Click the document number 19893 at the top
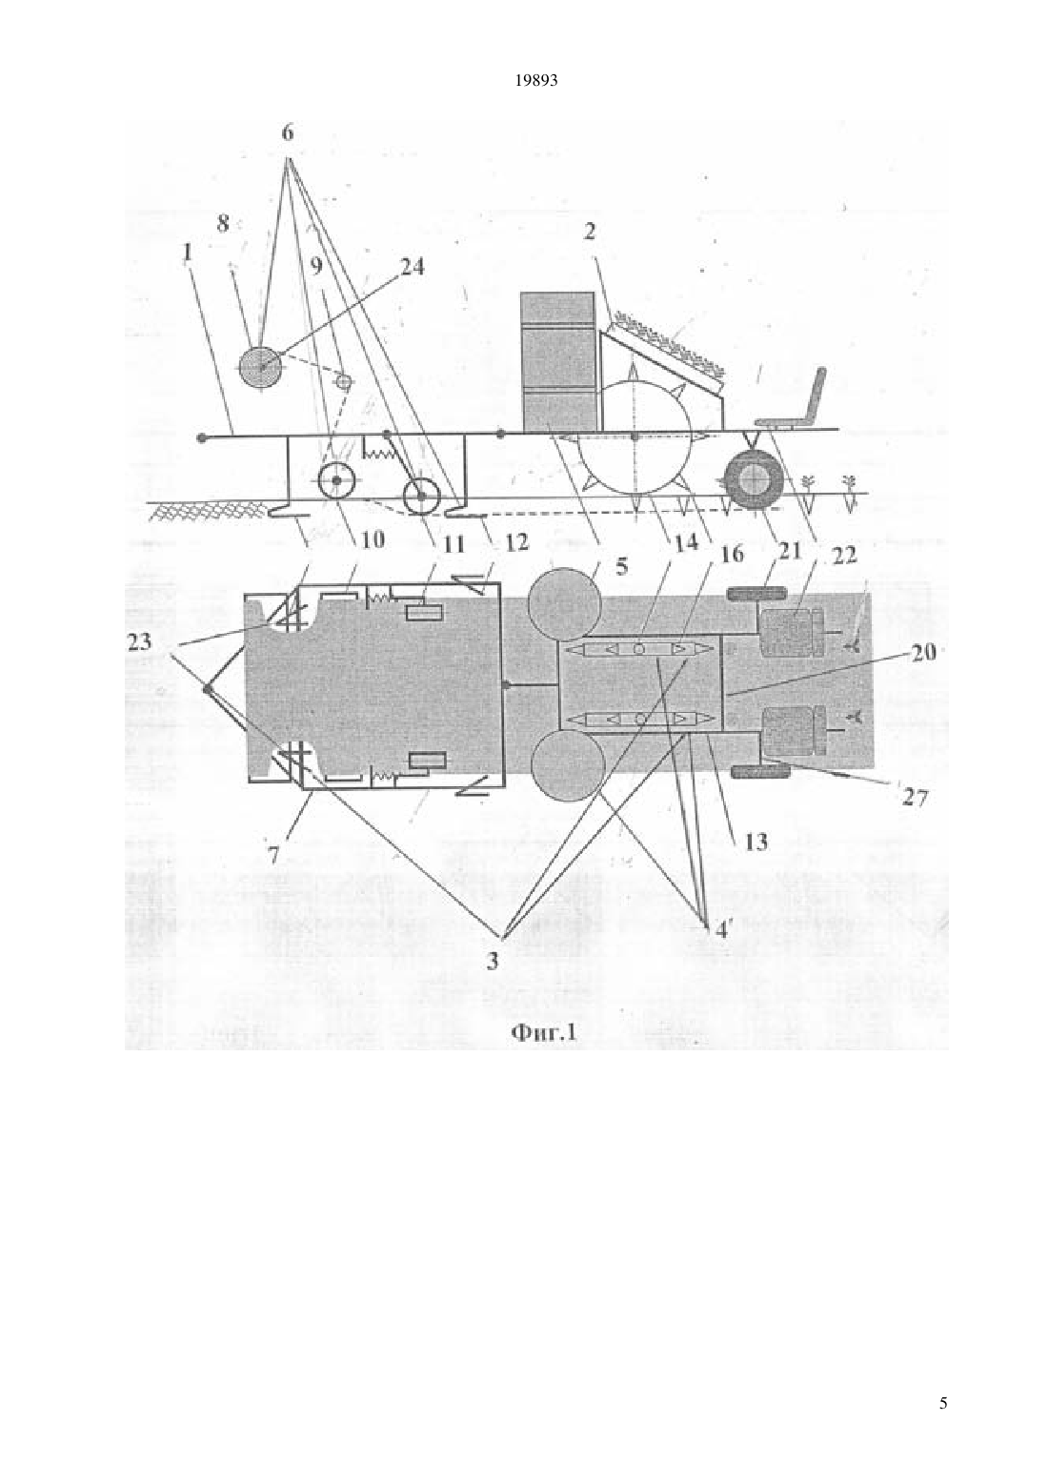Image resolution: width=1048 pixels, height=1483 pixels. click(x=535, y=81)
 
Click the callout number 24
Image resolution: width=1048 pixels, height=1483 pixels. click(x=411, y=268)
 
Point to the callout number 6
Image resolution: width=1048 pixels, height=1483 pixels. click(x=287, y=133)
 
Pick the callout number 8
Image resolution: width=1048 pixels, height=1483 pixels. click(x=223, y=224)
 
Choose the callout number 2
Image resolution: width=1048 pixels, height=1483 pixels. click(x=590, y=231)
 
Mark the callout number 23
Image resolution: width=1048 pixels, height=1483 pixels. click(x=140, y=641)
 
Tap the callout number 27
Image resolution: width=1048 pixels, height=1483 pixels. click(x=915, y=798)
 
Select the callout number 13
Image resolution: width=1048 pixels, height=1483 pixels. click(x=755, y=843)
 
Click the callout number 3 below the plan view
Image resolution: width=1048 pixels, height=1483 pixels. click(x=493, y=961)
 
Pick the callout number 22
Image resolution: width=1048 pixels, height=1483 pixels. click(x=843, y=554)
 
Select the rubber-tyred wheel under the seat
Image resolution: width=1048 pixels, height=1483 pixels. click(x=753, y=479)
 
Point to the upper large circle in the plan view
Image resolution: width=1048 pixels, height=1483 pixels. click(x=564, y=605)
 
